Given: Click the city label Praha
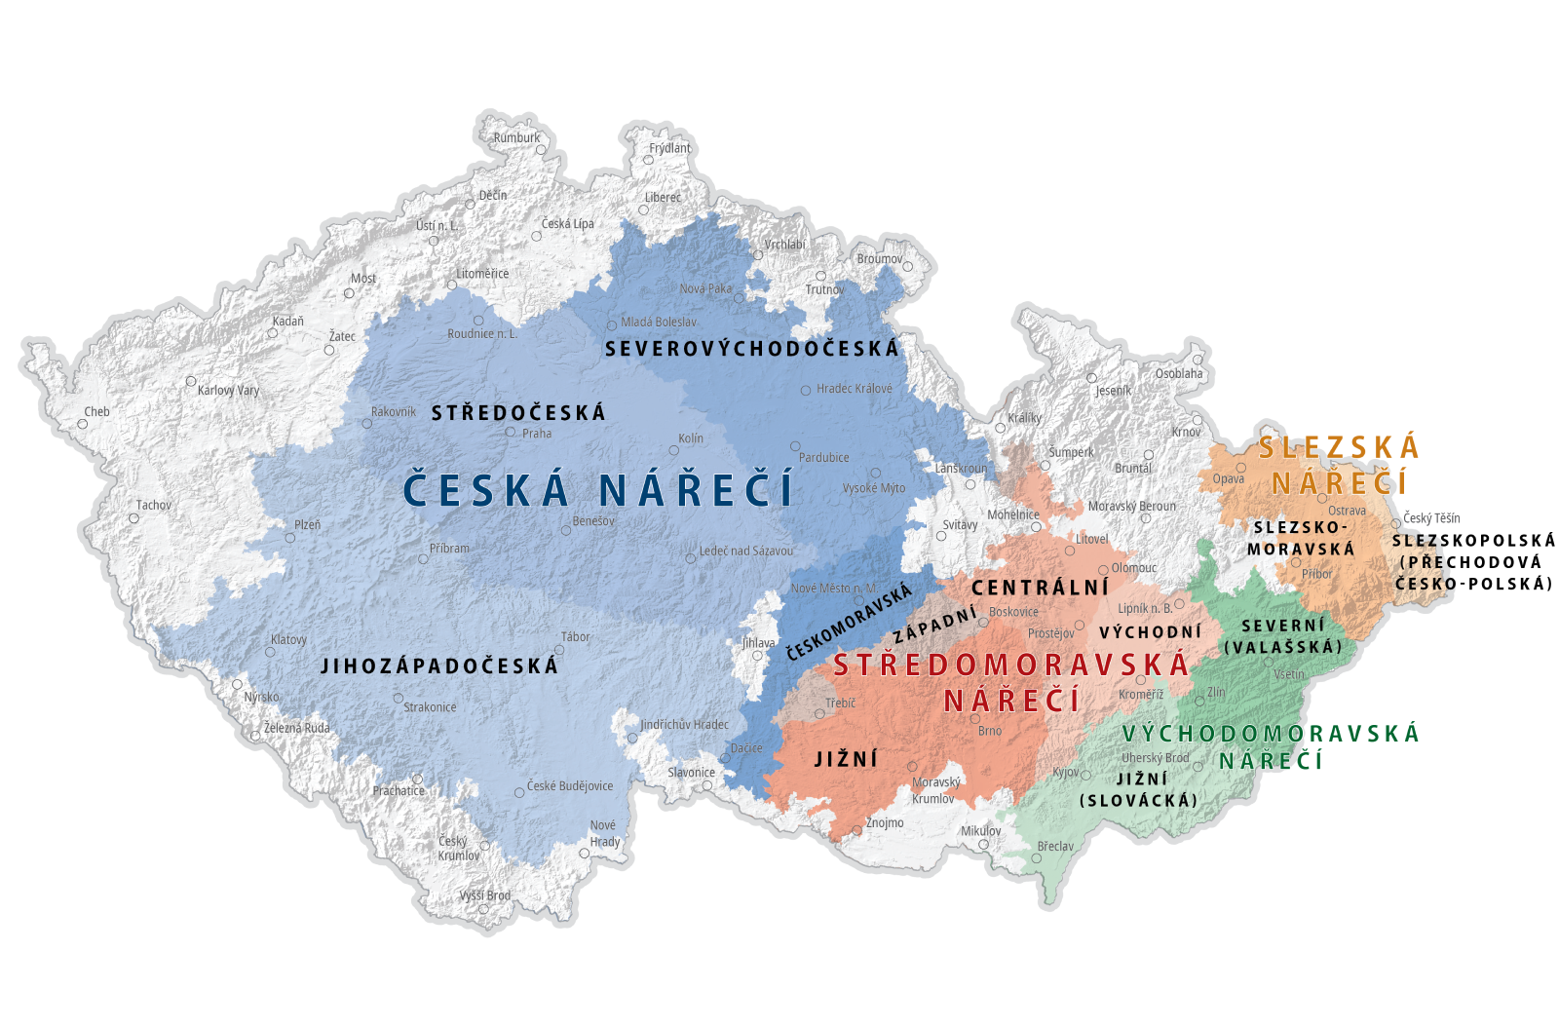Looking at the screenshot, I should click(536, 434).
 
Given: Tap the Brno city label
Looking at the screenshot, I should click(990, 731).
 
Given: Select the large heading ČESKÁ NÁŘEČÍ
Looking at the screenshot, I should click(598, 489).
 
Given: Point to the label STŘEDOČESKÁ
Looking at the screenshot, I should click(518, 413).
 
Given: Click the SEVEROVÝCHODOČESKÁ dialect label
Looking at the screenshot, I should click(752, 349).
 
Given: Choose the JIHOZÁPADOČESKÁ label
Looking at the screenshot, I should click(439, 666).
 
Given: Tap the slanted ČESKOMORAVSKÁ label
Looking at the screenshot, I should click(849, 622).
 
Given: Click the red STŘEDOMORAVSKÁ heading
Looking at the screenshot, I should click(1011, 666).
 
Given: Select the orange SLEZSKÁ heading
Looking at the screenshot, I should click(1340, 448).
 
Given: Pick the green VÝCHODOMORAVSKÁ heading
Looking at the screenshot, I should click(1271, 734).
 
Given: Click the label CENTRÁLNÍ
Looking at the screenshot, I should click(1041, 588).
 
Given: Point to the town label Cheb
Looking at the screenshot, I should click(96, 411).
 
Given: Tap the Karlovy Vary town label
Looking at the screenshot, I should click(228, 390).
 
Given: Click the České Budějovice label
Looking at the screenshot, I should click(570, 786).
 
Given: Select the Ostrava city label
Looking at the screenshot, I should click(1347, 511).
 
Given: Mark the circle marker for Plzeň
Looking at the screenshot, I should click(289, 538).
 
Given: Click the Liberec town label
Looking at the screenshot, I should click(663, 197).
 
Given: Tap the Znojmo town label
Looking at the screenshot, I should click(885, 822).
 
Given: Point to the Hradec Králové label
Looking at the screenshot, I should click(854, 388).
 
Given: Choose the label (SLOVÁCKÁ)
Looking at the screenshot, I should click(1138, 800).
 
